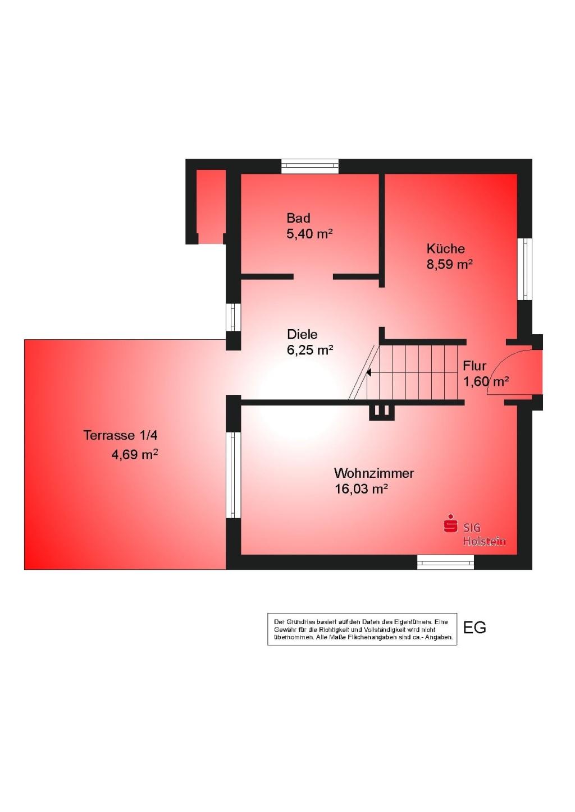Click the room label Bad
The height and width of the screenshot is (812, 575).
[298, 218]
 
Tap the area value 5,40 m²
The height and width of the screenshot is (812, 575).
[309, 234]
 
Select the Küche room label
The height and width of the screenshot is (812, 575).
[445, 248]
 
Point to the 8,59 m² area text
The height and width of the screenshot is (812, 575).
[449, 265]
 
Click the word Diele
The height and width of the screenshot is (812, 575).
[302, 334]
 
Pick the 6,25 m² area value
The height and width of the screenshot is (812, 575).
[310, 350]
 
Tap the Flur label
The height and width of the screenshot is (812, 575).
[474, 366]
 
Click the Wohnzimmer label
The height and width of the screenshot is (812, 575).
[374, 473]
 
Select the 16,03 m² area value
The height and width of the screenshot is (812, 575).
[361, 490]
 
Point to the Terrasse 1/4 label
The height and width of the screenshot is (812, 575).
[121, 435]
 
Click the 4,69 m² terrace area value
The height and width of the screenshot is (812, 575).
[134, 455]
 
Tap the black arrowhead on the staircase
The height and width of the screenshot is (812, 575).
[368, 372]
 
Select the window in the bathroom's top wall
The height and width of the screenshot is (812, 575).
[310, 166]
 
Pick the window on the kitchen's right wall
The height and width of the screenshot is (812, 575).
[524, 269]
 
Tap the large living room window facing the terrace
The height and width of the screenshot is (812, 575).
[234, 475]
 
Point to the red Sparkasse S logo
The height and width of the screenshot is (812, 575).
[450, 524]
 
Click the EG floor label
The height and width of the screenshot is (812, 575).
[475, 628]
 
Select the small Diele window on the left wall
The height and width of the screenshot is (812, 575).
[234, 317]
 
